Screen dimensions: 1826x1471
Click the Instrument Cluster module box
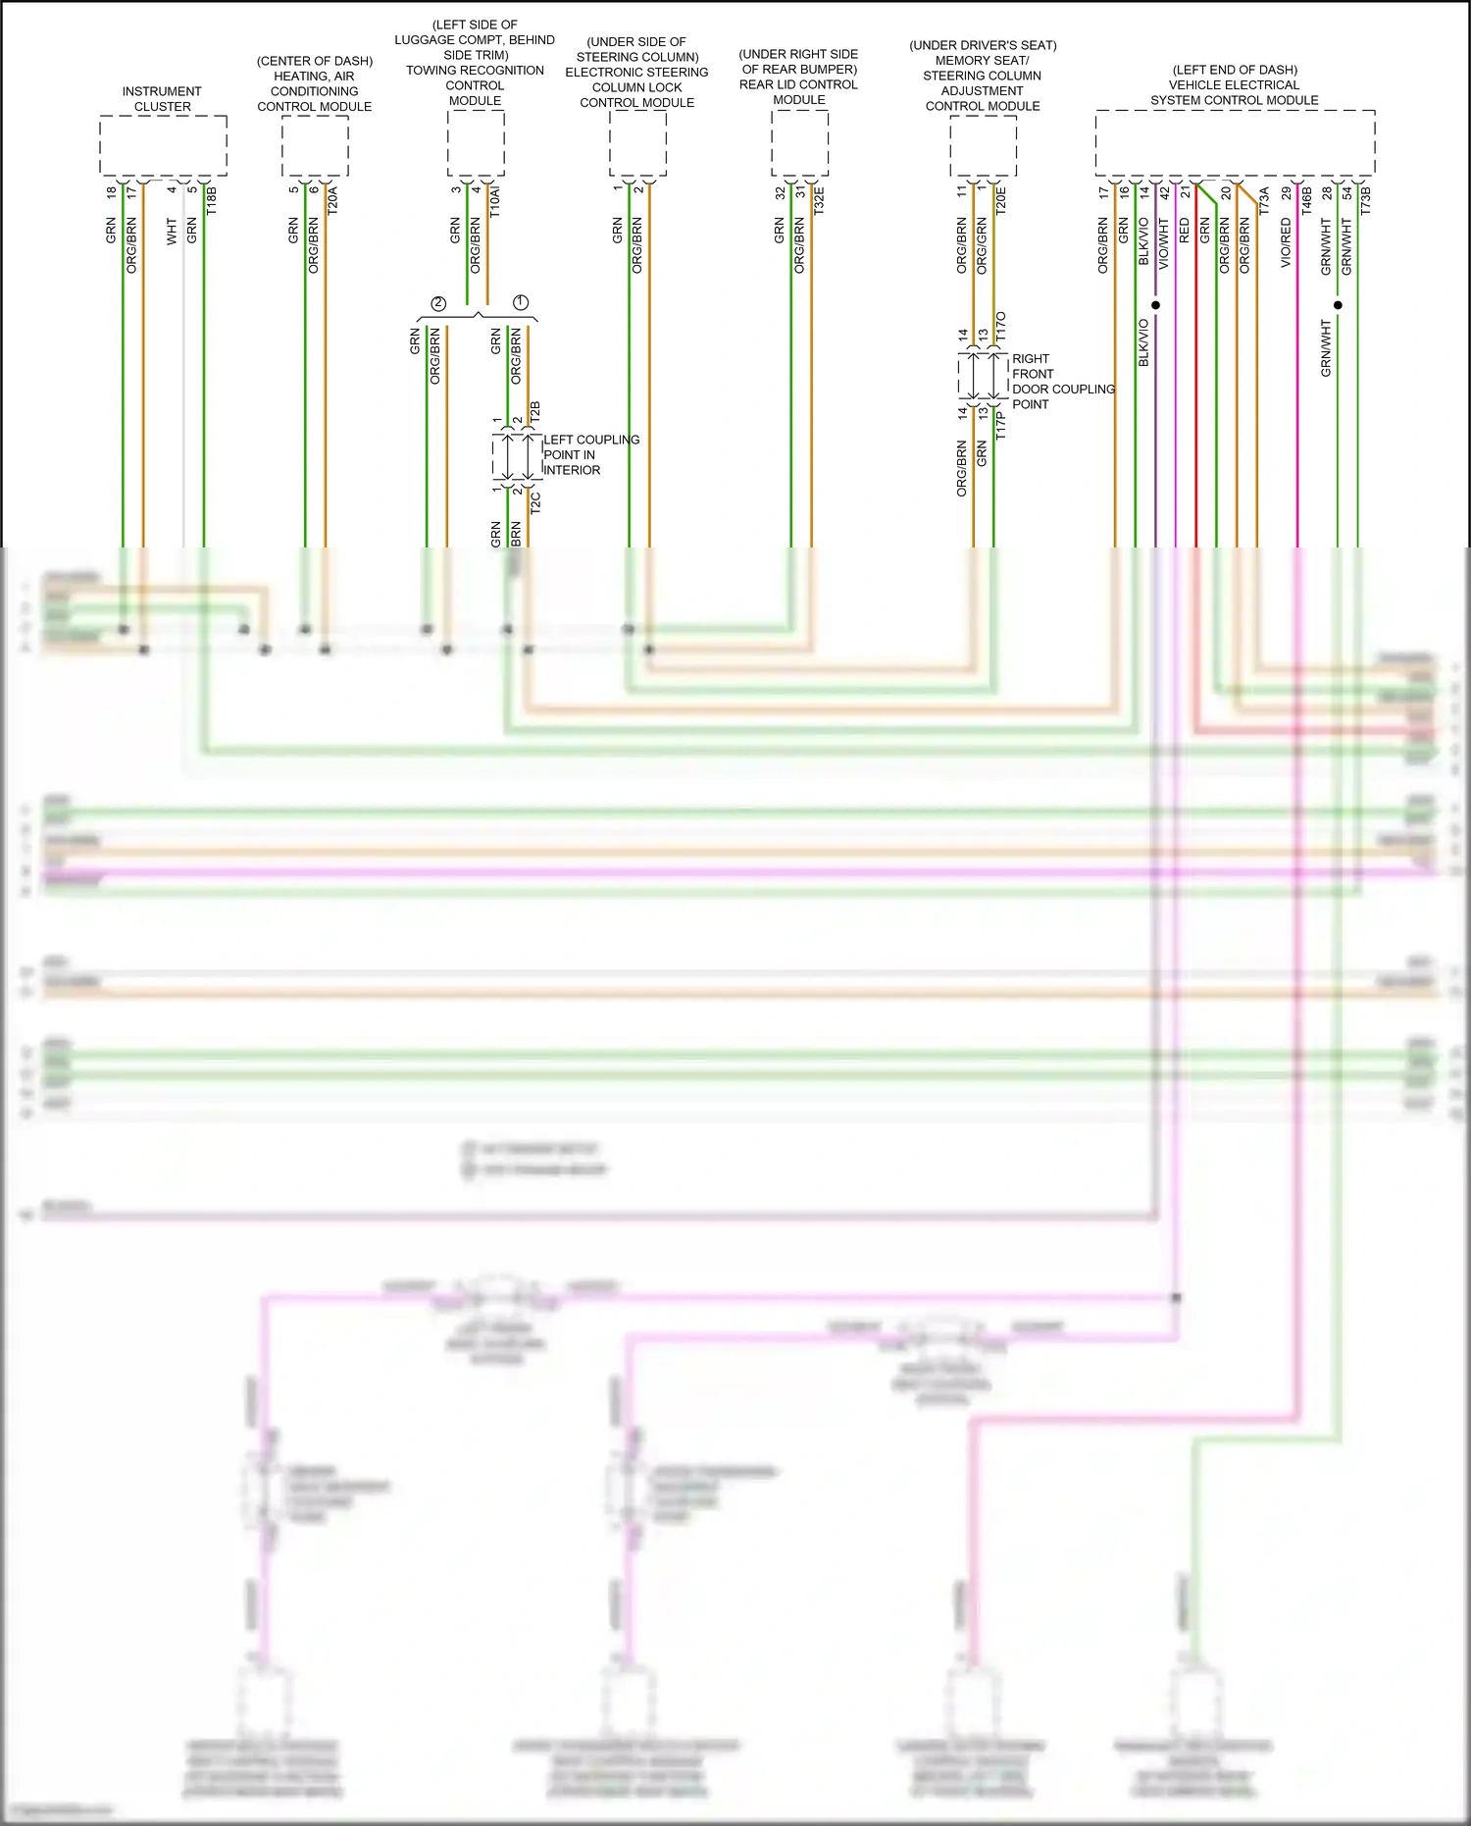tap(163, 145)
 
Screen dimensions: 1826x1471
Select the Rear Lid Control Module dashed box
tap(799, 143)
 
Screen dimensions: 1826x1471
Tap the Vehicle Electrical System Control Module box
tap(1235, 143)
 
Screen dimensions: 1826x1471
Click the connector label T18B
tap(211, 200)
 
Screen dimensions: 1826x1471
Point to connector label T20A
tap(332, 199)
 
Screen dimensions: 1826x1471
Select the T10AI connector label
tap(495, 199)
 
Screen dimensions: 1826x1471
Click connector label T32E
tap(819, 199)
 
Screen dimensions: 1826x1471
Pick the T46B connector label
tap(1306, 200)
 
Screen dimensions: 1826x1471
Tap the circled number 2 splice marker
tap(438, 303)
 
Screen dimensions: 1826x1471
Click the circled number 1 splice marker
tap(521, 302)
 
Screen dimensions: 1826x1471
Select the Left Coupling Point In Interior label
tap(590, 454)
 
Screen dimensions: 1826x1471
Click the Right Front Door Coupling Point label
tap(1062, 381)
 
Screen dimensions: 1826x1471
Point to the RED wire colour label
tap(1184, 231)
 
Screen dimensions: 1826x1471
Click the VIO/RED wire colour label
tap(1286, 242)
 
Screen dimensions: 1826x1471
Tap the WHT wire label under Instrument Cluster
tap(172, 232)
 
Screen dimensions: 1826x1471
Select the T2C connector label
tap(535, 502)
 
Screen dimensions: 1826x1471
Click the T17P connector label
tap(1001, 425)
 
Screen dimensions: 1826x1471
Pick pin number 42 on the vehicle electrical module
tap(1165, 193)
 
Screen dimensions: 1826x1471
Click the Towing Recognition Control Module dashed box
tap(476, 143)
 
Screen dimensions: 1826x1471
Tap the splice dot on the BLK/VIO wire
tap(1155, 305)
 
